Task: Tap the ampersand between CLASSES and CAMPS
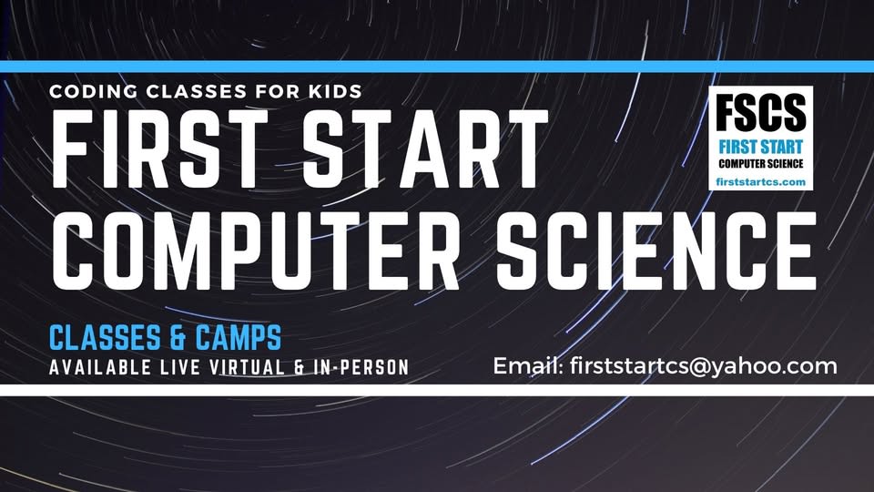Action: click(178, 338)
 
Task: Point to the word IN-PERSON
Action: click(363, 367)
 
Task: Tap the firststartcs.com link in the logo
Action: click(760, 182)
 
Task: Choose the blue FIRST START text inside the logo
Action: click(760, 147)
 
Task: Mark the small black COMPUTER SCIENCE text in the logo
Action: click(760, 163)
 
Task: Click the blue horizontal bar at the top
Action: click(437, 67)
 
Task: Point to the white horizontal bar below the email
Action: click(437, 390)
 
